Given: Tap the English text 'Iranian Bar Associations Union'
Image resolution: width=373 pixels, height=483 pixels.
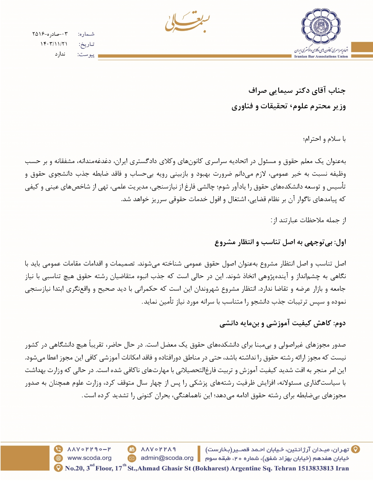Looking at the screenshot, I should coord(321,56).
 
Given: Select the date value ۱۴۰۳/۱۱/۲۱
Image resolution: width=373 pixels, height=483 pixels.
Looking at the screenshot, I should coord(54,44).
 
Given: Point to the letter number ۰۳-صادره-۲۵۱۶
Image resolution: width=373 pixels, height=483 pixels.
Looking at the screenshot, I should coord(50,34).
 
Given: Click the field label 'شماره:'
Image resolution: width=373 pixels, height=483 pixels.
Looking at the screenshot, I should coord(86,34).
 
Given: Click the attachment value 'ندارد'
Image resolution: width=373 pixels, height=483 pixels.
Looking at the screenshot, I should coord(60,54).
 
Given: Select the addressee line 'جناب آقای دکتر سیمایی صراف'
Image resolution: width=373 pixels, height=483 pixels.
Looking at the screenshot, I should coord(297,91).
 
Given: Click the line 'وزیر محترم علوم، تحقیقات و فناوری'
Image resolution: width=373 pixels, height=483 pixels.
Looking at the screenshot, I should coord(288,106).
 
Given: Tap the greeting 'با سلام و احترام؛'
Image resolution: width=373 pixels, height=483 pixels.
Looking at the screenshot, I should coord(324,139).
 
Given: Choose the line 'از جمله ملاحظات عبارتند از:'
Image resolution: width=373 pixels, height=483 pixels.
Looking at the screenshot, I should coord(308,220).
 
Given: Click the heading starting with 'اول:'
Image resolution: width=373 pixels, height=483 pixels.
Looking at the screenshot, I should coord(280,242).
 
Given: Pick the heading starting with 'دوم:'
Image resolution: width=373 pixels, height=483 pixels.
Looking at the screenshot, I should coord(283,323).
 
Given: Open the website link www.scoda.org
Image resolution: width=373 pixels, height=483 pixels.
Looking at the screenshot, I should coord(89,458).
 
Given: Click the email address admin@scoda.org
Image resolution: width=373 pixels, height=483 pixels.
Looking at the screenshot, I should coord(167,458).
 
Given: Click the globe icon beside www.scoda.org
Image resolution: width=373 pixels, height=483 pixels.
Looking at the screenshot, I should coord(59,458).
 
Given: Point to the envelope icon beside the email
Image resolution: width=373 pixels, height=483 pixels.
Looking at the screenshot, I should coord(132,458).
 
